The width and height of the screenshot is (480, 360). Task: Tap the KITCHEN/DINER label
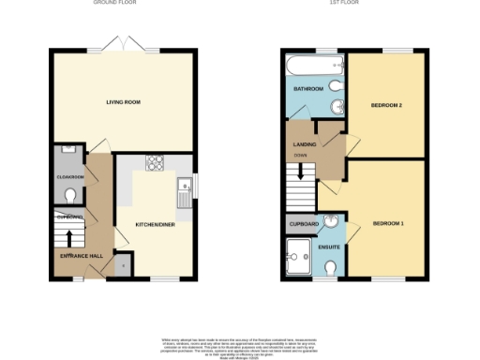[156, 225]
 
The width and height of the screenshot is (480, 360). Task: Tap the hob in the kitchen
[154, 164]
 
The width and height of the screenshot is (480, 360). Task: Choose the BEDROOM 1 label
[387, 224]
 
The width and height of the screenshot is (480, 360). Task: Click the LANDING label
[304, 143]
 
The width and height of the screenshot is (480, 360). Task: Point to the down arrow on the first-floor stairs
[300, 172]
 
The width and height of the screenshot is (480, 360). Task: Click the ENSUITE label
[330, 247]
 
